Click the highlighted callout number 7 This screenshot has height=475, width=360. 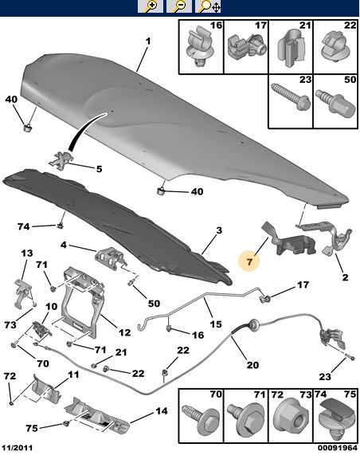(x=248, y=261)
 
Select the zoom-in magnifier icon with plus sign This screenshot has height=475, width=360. (x=151, y=6)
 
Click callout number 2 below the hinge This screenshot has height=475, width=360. (x=345, y=277)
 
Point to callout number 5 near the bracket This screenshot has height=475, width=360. (x=100, y=169)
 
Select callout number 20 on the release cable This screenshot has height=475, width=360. (x=252, y=365)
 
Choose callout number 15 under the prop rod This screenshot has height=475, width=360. (x=216, y=325)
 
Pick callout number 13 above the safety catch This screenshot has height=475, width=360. (x=26, y=253)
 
